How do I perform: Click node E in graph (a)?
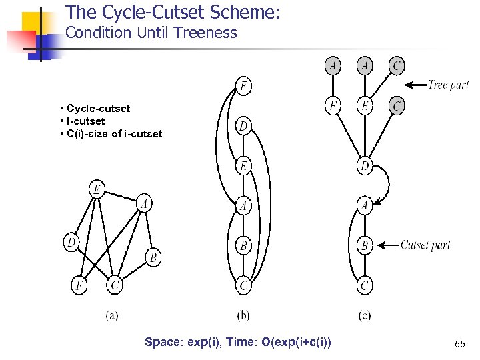click(x=97, y=190)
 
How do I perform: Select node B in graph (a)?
click(x=153, y=257)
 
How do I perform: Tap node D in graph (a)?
click(x=71, y=243)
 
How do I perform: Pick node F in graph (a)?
click(x=79, y=285)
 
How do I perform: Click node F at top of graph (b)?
click(x=245, y=86)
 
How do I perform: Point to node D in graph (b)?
click(x=245, y=126)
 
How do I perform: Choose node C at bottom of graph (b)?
click(x=245, y=286)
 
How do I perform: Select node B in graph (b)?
click(x=245, y=246)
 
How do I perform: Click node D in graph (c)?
click(x=365, y=165)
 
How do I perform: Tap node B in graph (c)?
click(x=365, y=245)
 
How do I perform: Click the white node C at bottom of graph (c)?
click(x=365, y=286)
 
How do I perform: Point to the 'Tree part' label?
click(x=448, y=85)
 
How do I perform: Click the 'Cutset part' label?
click(x=425, y=245)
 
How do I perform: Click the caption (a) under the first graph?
click(x=112, y=315)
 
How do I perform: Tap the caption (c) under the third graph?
click(x=365, y=315)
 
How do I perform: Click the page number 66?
click(x=459, y=344)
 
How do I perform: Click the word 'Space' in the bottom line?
click(x=162, y=342)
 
